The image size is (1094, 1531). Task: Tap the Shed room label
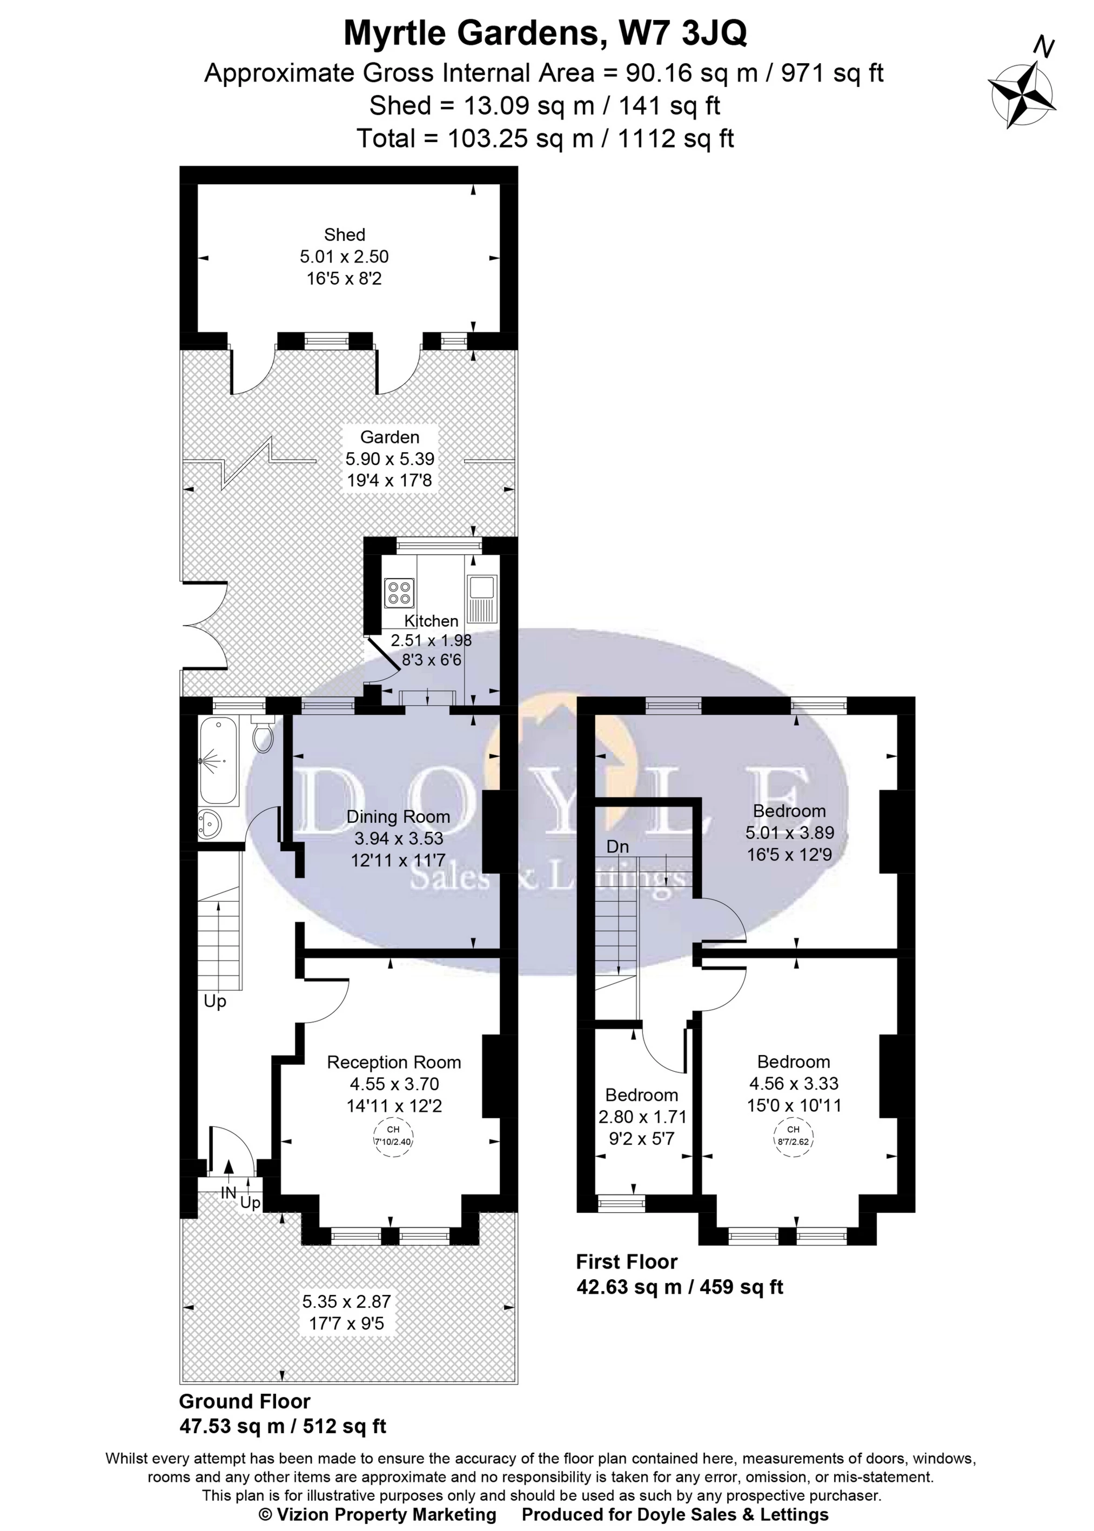point(344,234)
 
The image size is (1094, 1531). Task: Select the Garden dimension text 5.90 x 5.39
point(390,459)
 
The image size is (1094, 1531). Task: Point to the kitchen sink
point(482,587)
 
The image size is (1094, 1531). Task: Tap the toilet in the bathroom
point(263,736)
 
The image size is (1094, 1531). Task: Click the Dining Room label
point(398,817)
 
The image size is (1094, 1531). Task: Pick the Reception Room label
point(393,1062)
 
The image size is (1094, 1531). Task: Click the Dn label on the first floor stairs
point(617,847)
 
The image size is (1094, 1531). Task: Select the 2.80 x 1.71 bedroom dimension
point(642,1117)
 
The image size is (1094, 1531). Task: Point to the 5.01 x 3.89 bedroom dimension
point(789,832)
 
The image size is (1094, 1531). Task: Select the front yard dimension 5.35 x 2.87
point(346,1301)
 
